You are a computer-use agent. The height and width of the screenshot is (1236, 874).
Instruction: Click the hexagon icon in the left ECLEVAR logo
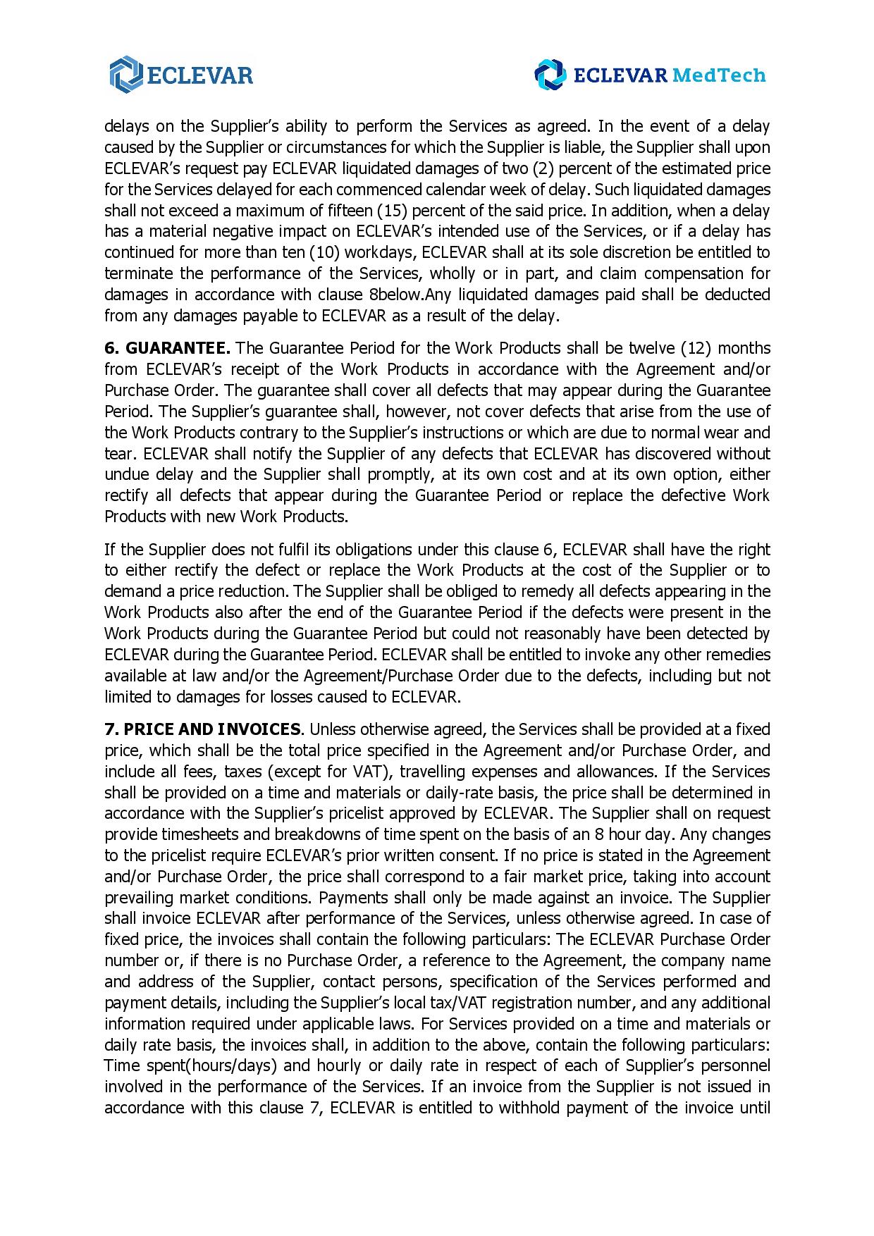(x=126, y=75)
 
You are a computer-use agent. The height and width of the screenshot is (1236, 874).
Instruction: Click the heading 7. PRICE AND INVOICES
(x=202, y=729)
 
